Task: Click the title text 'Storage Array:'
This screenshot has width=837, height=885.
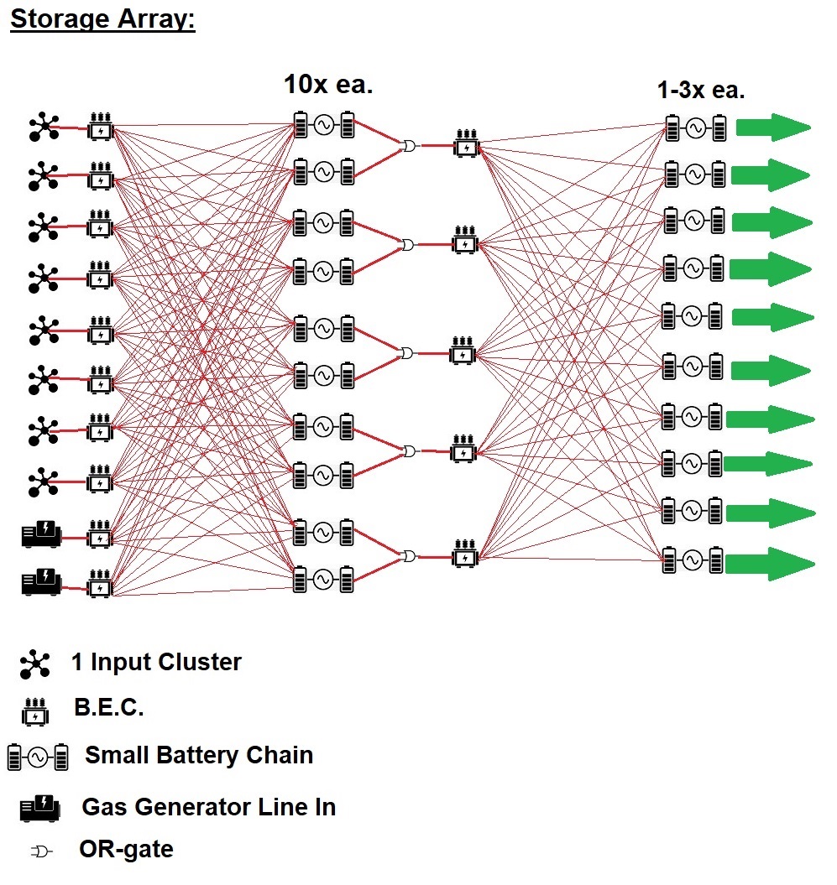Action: coord(102,19)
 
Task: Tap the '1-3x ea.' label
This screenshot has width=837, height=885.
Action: coord(700,91)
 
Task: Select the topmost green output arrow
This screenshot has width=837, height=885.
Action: coord(772,128)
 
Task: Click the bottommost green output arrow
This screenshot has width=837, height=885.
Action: coord(769,561)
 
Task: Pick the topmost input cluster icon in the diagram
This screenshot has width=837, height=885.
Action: coord(43,128)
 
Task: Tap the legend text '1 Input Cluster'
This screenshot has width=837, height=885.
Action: coord(156,663)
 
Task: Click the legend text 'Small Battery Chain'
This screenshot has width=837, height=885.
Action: coord(199,755)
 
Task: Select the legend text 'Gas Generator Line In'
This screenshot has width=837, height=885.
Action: coord(208,808)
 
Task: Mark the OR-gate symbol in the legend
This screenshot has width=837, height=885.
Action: coord(41,851)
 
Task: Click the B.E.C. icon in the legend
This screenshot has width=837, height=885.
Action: coord(34,711)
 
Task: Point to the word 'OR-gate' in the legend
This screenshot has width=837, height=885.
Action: coord(126,850)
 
